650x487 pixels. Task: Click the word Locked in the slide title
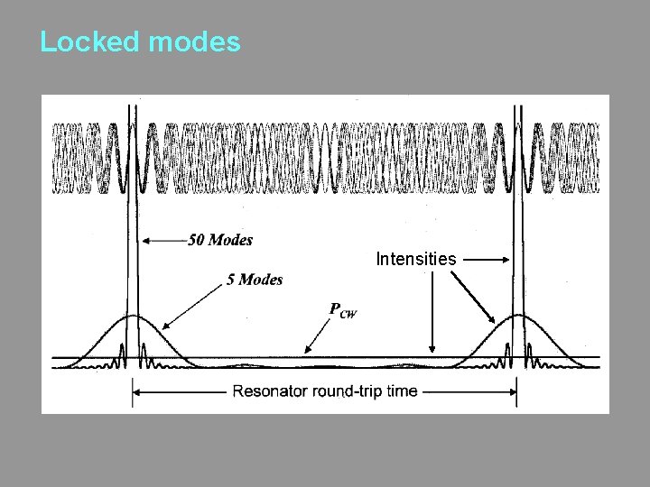click(x=86, y=42)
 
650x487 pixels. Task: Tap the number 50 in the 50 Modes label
click(x=197, y=240)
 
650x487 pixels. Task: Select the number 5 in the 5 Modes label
click(x=230, y=280)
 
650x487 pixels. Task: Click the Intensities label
click(x=415, y=260)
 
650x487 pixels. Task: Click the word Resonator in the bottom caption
click(x=271, y=392)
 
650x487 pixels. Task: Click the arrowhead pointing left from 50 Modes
click(x=144, y=240)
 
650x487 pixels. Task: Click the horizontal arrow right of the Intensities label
click(x=487, y=260)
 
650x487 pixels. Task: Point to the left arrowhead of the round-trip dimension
click(x=136, y=391)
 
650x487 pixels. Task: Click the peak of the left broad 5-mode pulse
click(x=134, y=317)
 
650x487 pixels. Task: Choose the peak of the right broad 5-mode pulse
click(x=521, y=316)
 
